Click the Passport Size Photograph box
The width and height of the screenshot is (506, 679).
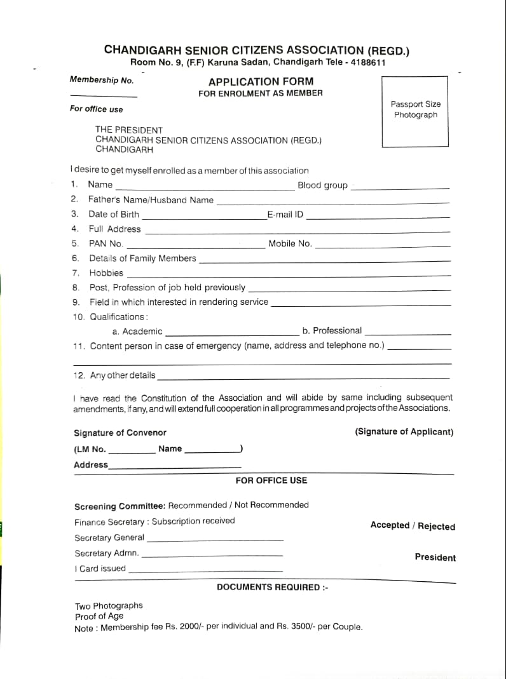coord(415,111)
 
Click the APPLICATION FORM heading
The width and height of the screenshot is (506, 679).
coord(261,81)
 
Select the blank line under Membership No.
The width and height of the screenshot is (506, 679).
coord(103,96)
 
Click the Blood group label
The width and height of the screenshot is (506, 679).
coord(322,185)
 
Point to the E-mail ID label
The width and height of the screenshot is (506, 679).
coord(285,215)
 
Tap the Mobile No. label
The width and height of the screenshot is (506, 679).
coord(290,243)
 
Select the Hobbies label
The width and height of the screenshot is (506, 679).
coord(106,273)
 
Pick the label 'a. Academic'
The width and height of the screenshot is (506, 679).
coord(137,332)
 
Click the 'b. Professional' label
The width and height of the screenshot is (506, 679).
coord(332,330)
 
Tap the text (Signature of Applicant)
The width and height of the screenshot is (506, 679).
coord(404,432)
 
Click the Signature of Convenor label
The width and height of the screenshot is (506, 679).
coord(120,433)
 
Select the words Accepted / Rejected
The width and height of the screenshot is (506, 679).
coord(413,526)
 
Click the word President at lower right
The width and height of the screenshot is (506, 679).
coord(435,557)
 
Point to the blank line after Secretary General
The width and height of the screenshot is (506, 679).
coord(215,540)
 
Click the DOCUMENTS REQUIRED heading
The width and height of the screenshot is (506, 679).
coord(272,587)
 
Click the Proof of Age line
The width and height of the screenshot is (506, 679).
coord(99,616)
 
